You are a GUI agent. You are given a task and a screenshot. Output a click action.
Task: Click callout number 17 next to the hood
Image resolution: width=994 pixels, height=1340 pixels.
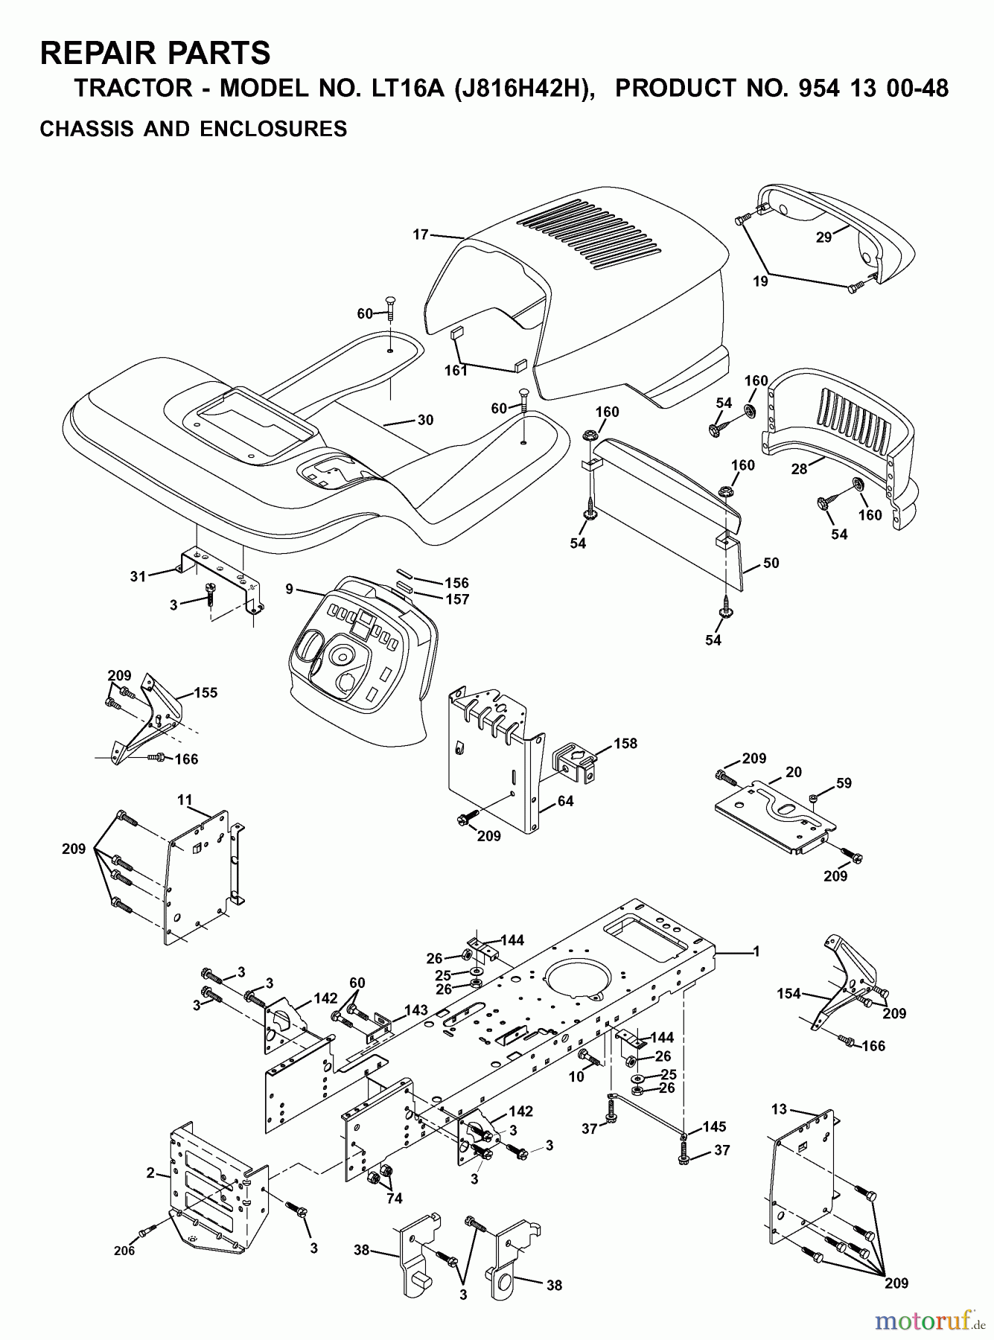421,234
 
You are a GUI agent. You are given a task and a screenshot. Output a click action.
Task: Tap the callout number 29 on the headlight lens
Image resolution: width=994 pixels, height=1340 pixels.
823,237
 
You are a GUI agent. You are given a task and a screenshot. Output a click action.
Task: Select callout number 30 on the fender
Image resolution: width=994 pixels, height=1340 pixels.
425,420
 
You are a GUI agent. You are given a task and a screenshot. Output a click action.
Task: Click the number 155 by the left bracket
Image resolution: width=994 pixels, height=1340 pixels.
206,692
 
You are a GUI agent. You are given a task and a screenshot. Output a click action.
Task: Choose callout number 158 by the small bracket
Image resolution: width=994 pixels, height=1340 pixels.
625,743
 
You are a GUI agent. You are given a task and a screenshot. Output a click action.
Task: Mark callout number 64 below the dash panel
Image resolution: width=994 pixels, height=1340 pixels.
566,801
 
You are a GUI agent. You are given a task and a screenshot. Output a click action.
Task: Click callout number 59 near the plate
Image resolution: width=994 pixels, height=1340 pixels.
844,783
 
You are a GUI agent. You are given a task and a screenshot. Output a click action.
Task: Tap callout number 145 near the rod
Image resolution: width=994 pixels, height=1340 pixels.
714,1126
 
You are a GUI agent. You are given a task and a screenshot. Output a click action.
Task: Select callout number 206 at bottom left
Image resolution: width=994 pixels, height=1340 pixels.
124,1251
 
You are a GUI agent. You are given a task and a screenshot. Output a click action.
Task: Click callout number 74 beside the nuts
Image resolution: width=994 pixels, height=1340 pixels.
394,1198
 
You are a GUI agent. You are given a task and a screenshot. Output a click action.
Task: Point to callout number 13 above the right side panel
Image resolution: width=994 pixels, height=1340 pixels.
779,1109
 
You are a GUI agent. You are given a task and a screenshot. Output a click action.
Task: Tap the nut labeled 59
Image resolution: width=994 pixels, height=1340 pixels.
815,798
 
